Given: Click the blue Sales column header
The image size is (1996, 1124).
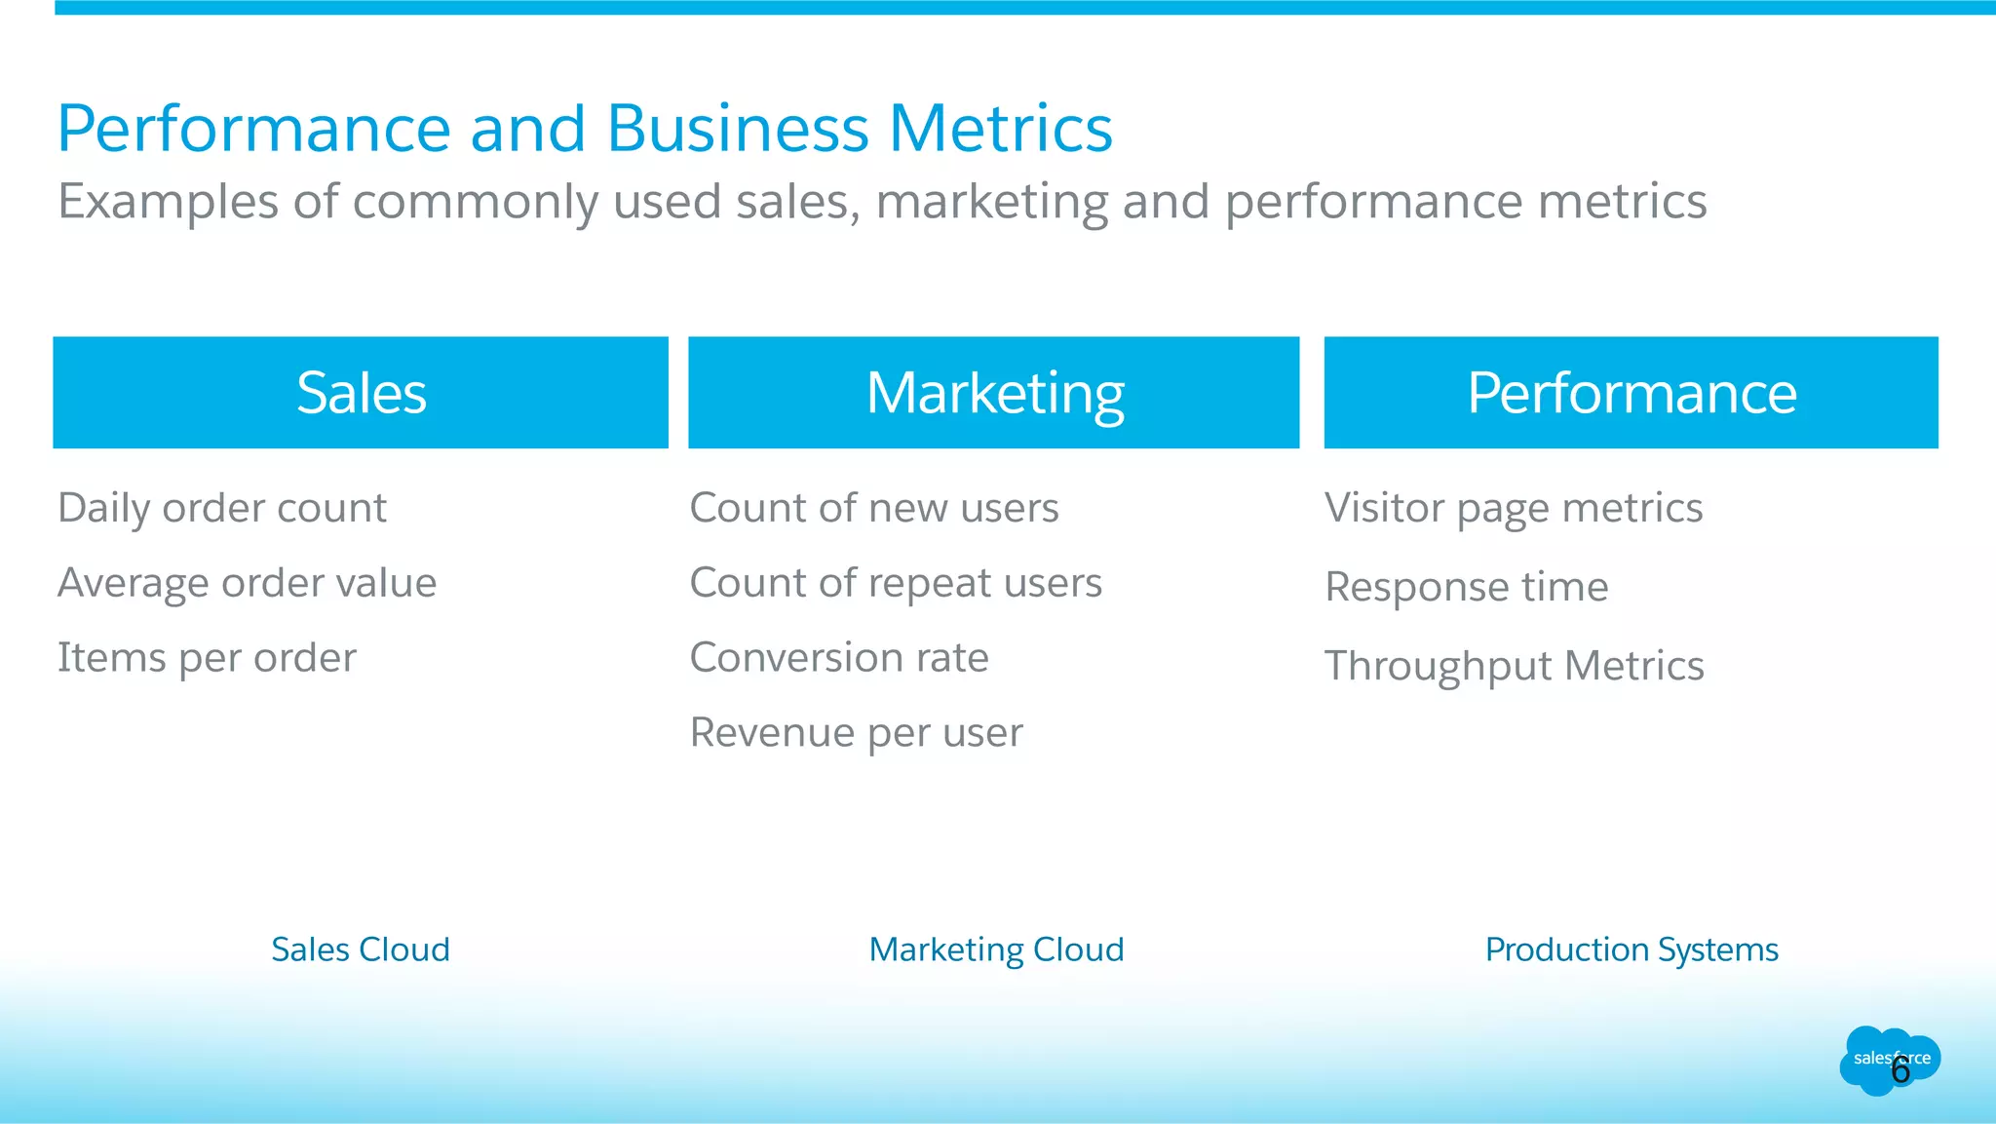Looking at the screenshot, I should [361, 393].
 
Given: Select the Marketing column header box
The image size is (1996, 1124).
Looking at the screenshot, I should [993, 393].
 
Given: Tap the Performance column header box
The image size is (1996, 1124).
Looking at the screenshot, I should [1631, 393].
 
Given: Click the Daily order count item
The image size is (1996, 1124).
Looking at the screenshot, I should [222, 508].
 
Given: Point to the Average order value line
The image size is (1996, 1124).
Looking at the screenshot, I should [247, 583].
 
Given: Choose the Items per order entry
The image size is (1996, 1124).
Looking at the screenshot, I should [207, 658].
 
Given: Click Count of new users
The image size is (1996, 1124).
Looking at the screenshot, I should [873, 508].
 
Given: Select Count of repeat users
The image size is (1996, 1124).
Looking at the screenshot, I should [895, 583].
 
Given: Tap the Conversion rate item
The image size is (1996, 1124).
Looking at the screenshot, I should [838, 658].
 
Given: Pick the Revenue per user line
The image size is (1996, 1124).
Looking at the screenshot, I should [856, 733].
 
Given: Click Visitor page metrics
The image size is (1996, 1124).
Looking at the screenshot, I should [1513, 508].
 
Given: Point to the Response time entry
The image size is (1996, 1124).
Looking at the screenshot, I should [1466, 587].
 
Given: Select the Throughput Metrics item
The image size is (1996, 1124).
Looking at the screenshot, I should [1514, 666].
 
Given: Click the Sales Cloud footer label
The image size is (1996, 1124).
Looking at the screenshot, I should [361, 950].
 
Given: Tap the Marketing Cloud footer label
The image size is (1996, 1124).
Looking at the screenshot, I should [996, 950].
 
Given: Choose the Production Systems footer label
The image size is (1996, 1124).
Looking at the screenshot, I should [1631, 950].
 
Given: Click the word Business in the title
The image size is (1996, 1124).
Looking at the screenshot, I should [737, 129].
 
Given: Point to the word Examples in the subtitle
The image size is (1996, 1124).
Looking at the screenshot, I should [168, 203].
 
